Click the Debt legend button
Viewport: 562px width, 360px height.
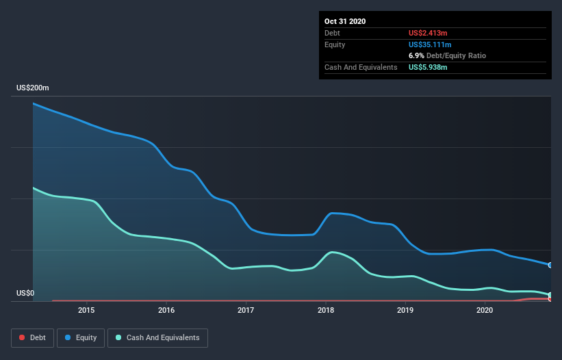31,337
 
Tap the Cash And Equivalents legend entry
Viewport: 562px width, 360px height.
157,337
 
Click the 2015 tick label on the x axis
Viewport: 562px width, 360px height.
86,311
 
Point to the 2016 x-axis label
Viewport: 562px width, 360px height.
166,311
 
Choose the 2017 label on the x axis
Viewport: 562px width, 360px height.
246,311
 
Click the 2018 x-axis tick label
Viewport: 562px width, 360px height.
326,311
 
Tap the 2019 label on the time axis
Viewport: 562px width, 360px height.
405,311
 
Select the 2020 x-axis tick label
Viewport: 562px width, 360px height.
485,311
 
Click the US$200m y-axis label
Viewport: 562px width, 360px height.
33,88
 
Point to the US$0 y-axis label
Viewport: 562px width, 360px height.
25,294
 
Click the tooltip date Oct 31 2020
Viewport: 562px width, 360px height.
345,21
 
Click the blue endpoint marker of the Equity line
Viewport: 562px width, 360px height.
550,265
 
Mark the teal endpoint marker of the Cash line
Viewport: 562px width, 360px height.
550,295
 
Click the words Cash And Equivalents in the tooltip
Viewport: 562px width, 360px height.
361,67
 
